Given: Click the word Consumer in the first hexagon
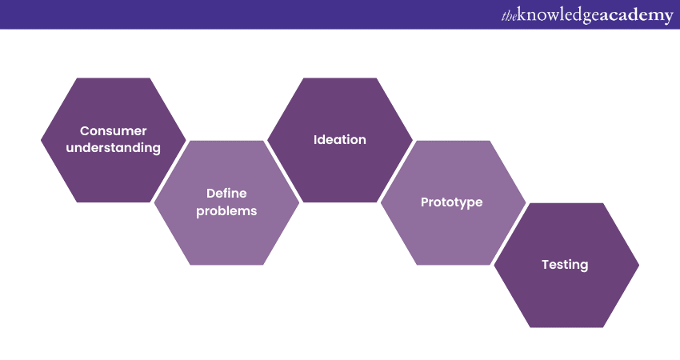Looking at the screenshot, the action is point(113,130).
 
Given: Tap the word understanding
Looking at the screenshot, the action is point(113,148).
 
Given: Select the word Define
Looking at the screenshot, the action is point(226,193).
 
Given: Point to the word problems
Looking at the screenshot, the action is point(226,210).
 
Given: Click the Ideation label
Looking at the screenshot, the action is point(339,140).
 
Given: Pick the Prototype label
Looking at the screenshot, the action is point(451,202).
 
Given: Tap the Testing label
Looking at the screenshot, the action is point(565,265).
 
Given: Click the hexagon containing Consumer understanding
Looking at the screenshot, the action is point(113,140).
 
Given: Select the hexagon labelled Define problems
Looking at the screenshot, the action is point(226,202).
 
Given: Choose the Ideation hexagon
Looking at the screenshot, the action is point(339,140).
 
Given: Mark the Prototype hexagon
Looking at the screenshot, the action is point(453,202).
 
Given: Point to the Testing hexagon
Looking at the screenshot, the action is point(566,265).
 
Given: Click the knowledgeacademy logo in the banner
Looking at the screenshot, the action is point(587,16).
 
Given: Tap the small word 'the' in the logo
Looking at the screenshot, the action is point(509,17).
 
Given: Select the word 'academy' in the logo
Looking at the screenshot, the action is point(637,16).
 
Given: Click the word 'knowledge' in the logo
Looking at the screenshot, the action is point(558,16).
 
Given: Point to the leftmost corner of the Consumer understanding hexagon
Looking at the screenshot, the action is point(41,140).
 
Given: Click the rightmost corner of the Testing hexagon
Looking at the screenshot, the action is point(639,265).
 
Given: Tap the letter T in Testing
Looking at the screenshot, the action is point(546,264).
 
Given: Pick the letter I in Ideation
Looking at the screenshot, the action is point(315,140).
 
